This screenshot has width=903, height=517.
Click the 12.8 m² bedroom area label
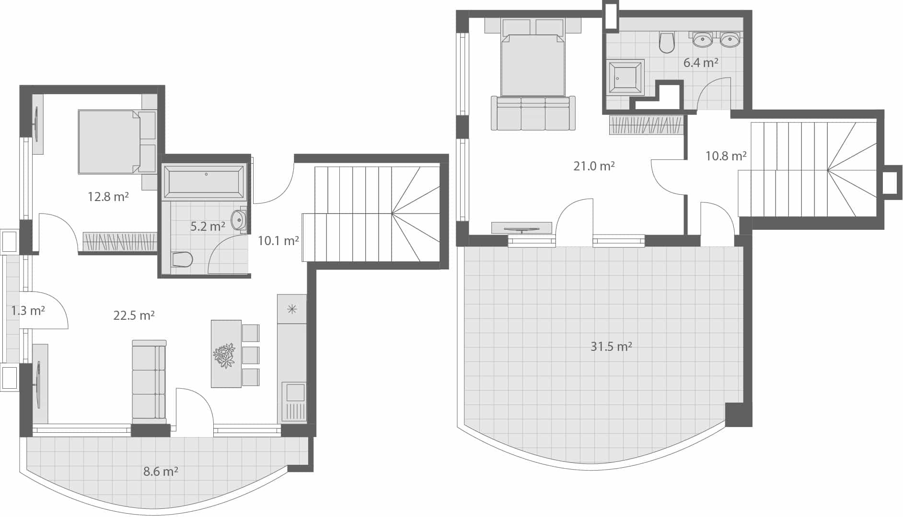pyautogui.click(x=108, y=196)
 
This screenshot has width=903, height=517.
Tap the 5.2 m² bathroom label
pyautogui.click(x=208, y=226)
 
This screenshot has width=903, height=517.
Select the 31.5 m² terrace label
pyautogui.click(x=611, y=346)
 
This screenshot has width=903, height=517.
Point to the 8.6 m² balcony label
pyautogui.click(x=161, y=472)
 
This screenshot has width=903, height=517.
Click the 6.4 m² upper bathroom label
pyautogui.click(x=700, y=63)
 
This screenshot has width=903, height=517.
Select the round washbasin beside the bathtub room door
pyautogui.click(x=238, y=220)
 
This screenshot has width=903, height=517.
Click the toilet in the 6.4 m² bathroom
pyautogui.click(x=667, y=42)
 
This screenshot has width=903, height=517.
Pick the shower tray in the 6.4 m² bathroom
pyautogui.click(x=625, y=77)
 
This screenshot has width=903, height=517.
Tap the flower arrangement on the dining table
pyautogui.click(x=224, y=355)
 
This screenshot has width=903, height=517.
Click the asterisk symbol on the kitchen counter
pyautogui.click(x=291, y=309)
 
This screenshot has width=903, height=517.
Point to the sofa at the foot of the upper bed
pyautogui.click(x=533, y=114)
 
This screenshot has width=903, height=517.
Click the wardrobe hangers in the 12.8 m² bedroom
pyautogui.click(x=120, y=241)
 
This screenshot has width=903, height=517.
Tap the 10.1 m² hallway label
pyautogui.click(x=278, y=241)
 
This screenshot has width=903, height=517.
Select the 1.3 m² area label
pyautogui.click(x=28, y=311)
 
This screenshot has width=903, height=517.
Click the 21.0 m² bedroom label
pyautogui.click(x=594, y=166)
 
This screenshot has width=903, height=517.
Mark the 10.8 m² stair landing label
pyautogui.click(x=726, y=156)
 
